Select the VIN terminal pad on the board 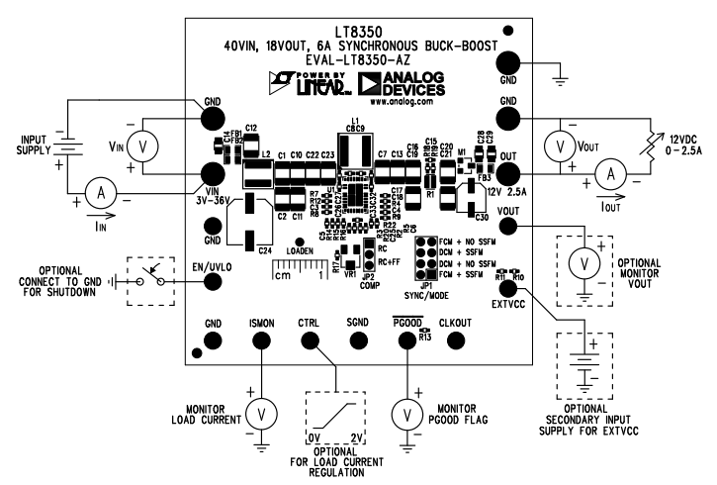click(x=212, y=176)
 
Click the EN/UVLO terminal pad click(x=212, y=280)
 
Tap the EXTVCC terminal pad click(x=508, y=287)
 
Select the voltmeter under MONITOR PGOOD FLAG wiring click(x=405, y=412)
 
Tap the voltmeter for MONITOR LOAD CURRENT click(x=261, y=412)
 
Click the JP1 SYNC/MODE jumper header click(x=426, y=259)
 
